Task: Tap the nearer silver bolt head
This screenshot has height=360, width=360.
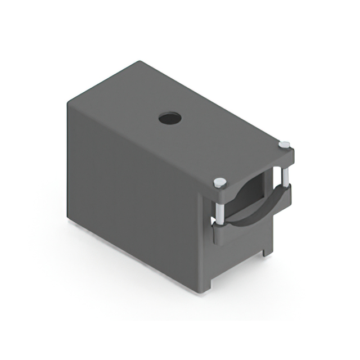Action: pyautogui.click(x=220, y=182)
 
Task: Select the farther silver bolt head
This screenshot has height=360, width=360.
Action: pyautogui.click(x=285, y=145)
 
